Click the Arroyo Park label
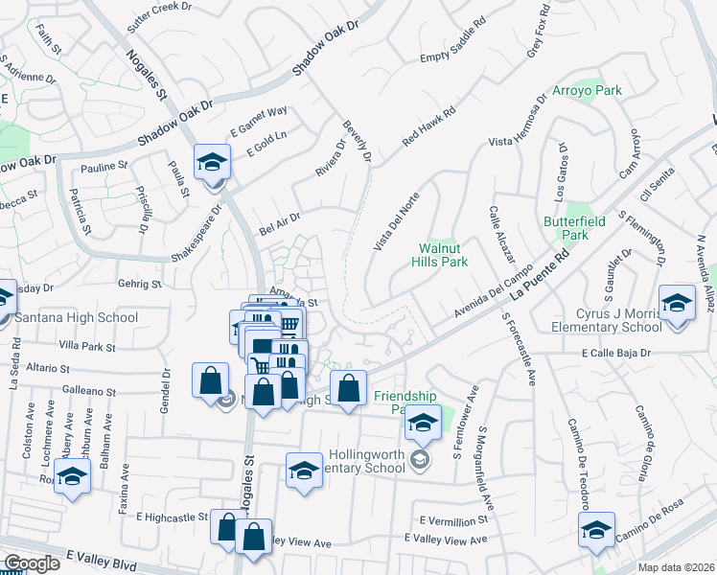[x=588, y=91]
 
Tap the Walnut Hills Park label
[x=439, y=254]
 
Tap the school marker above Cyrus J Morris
[x=677, y=305]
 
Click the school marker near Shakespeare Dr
[x=212, y=163]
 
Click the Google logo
[x=32, y=563]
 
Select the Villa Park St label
[x=86, y=345]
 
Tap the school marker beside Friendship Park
[x=422, y=422]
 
